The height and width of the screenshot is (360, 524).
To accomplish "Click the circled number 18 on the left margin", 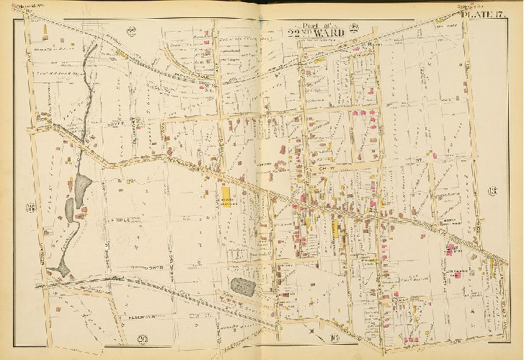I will (30, 209).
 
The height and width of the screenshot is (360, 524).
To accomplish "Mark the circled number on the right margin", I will (493, 192).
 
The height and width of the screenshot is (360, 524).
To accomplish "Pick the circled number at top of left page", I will (131, 30).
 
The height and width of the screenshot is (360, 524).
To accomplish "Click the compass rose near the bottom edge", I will (311, 330).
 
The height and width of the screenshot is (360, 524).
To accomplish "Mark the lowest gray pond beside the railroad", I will (65, 266).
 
